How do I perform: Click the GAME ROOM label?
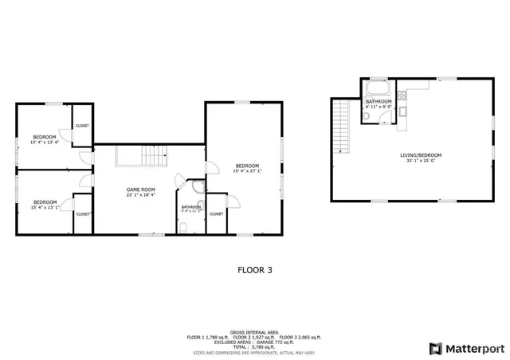pos(140,189)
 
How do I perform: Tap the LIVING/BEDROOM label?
pos(420,155)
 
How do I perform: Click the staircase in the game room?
pos(135,156)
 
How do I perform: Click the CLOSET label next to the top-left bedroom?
pos(83,126)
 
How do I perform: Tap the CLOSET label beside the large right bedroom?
pos(217,213)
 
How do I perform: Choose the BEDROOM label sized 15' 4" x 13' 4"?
pos(45,138)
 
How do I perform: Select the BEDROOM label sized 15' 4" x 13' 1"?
pos(45,202)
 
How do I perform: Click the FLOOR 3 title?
pos(255,270)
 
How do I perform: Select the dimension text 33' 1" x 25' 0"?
pos(420,161)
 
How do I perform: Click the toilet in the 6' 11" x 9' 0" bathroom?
pos(367,116)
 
